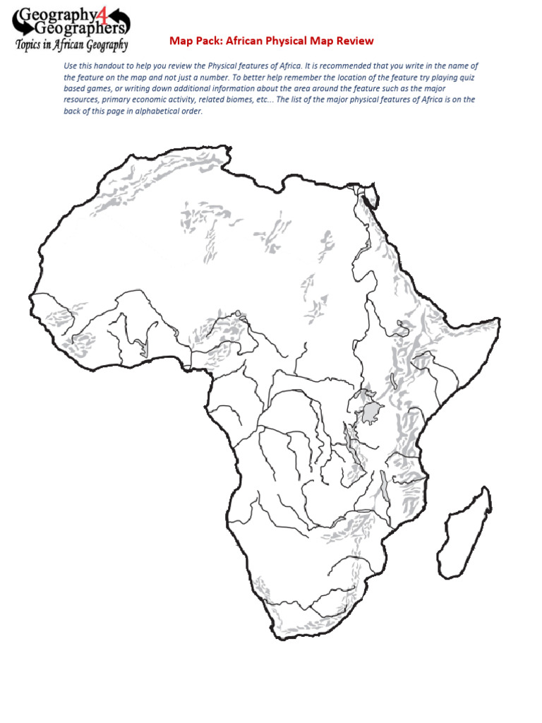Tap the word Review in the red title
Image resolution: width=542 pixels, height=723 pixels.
[x=356, y=41]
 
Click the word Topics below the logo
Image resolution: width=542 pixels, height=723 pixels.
[x=33, y=45]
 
